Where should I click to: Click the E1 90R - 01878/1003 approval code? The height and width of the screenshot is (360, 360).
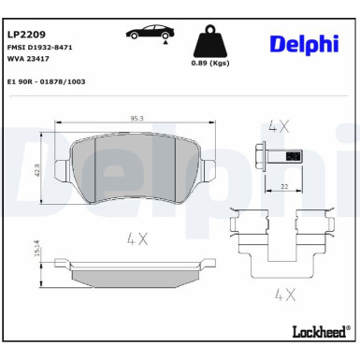[x=48, y=81]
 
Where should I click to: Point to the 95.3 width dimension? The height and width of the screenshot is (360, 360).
[x=136, y=118]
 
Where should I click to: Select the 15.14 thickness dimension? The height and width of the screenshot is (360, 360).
[x=36, y=251]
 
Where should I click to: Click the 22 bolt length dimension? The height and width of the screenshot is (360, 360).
[x=283, y=187]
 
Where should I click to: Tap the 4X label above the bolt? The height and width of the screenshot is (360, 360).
[x=279, y=124]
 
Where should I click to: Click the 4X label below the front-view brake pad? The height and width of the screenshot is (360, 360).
[x=137, y=238]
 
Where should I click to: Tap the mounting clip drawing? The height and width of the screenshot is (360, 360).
[x=281, y=244]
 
